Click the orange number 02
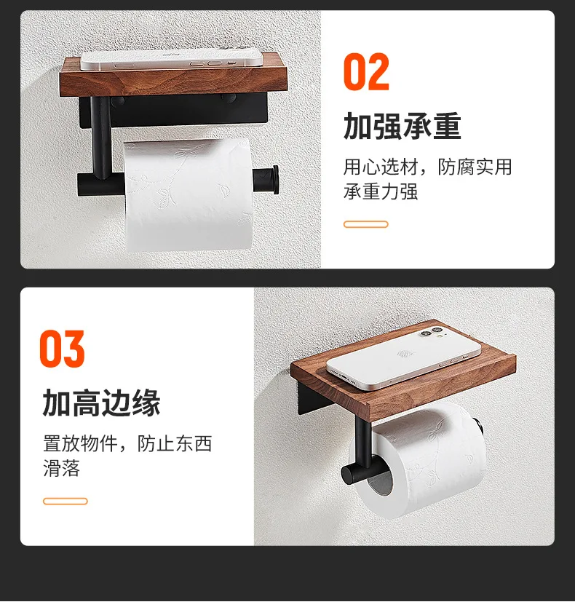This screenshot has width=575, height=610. (366, 72)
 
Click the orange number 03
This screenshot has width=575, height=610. (63, 349)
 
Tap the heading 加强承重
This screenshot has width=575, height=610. (402, 126)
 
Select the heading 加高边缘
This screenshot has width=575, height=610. (101, 403)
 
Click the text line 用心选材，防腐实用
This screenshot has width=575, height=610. (427, 167)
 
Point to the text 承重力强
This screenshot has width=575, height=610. (381, 191)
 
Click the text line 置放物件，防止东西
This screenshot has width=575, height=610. (127, 444)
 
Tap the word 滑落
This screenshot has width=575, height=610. (61, 468)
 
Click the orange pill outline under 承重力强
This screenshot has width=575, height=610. (365, 224)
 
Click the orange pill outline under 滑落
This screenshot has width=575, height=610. (66, 502)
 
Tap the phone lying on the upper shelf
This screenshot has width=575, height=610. (171, 60)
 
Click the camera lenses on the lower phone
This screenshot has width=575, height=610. (432, 333)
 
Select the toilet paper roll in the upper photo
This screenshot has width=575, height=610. (189, 194)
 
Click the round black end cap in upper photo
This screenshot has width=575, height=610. (275, 179)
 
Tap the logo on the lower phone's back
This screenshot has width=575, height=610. (404, 354)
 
